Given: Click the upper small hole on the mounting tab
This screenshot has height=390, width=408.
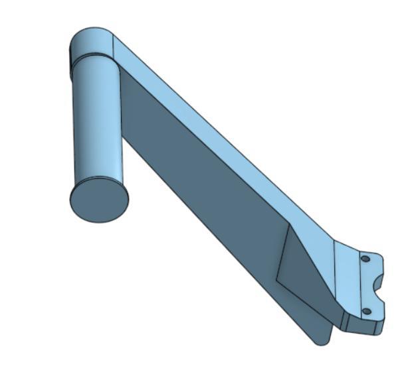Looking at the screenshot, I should click(x=365, y=259).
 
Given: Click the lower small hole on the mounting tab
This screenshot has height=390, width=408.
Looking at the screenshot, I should click(x=365, y=310).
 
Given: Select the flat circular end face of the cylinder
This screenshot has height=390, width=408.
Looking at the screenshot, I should click(x=98, y=200).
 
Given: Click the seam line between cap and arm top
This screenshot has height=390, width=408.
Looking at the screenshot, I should click(x=114, y=46).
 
